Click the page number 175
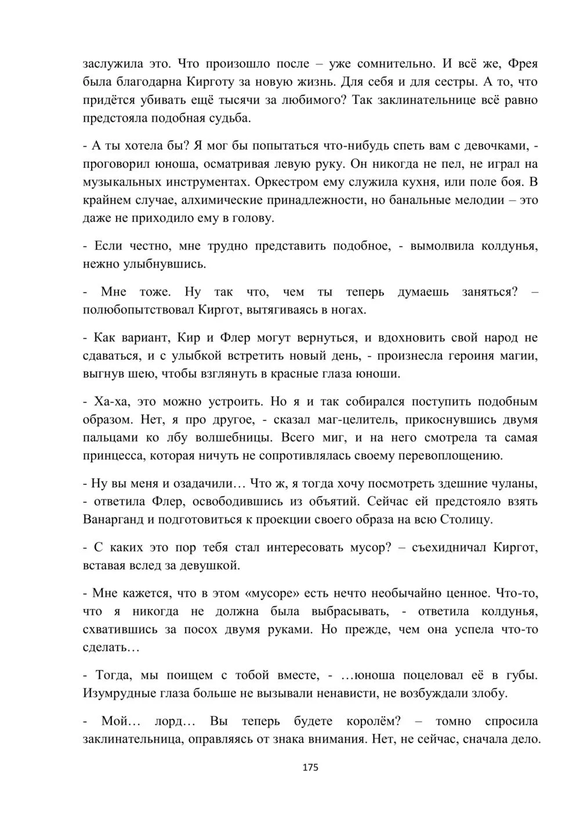click(x=310, y=767)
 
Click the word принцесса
click(x=114, y=456)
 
